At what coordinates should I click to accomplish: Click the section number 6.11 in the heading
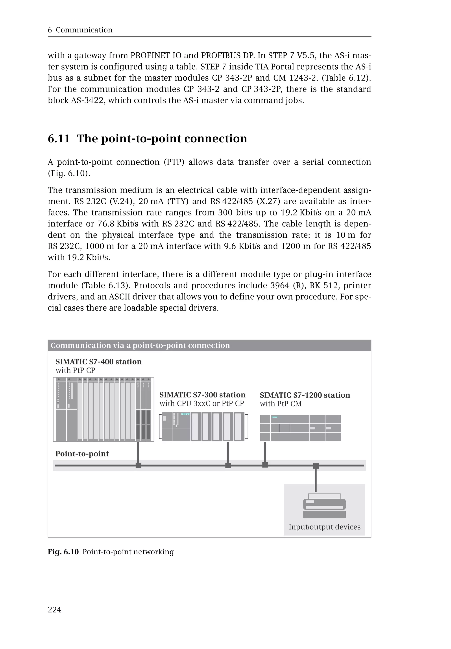click(59, 138)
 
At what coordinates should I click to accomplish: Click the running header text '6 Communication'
click(80, 30)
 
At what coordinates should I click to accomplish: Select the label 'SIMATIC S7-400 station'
click(98, 362)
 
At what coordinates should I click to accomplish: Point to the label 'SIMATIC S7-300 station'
click(202, 395)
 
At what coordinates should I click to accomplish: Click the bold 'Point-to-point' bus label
click(82, 454)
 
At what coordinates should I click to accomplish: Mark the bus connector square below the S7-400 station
click(138, 465)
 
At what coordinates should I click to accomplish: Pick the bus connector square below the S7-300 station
click(228, 465)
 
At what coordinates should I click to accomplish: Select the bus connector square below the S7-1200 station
click(265, 465)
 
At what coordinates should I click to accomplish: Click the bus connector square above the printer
click(316, 466)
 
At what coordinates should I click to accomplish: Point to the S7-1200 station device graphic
click(300, 428)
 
